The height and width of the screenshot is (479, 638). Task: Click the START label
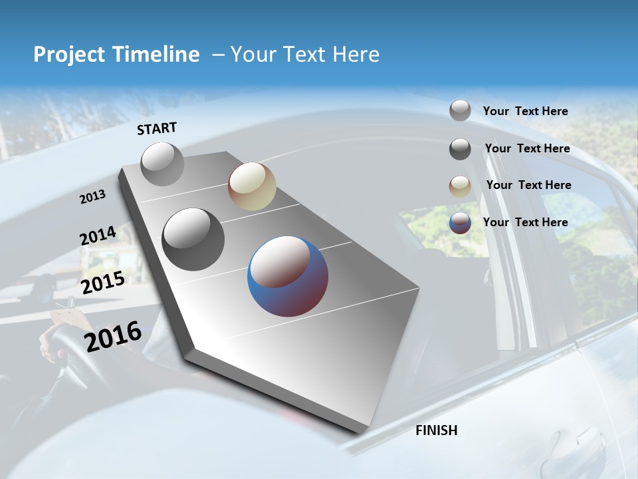(x=157, y=128)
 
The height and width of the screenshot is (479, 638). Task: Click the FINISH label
(x=436, y=430)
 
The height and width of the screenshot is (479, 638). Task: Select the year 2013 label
(x=93, y=196)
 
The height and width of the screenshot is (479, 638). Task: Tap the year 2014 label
(x=98, y=236)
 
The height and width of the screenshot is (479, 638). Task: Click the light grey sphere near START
(x=162, y=164)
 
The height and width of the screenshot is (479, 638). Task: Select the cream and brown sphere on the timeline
(x=252, y=186)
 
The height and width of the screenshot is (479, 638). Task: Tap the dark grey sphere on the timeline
(x=193, y=239)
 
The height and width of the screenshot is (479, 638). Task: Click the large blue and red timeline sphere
(x=288, y=276)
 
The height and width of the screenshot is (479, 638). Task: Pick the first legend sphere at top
(x=460, y=110)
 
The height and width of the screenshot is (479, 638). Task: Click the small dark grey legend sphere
(x=460, y=149)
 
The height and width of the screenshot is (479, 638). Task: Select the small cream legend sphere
(x=460, y=186)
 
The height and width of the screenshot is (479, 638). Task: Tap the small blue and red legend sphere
(x=460, y=223)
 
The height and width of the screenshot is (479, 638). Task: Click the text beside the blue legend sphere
(x=525, y=222)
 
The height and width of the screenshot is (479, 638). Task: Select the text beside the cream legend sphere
(x=528, y=185)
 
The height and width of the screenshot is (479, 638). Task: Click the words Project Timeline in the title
(x=116, y=55)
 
